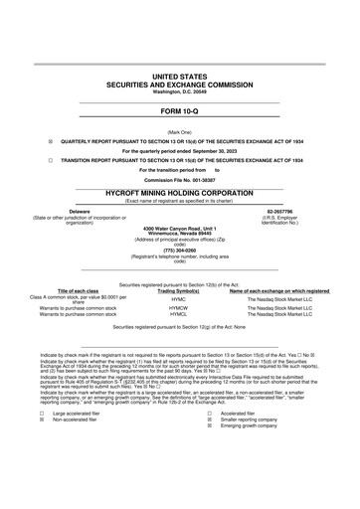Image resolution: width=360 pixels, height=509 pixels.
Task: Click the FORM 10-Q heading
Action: tap(179, 112)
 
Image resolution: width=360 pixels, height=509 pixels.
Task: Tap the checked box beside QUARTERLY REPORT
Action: tap(36, 142)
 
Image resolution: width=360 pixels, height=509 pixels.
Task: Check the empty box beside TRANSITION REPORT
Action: tap(36, 159)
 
